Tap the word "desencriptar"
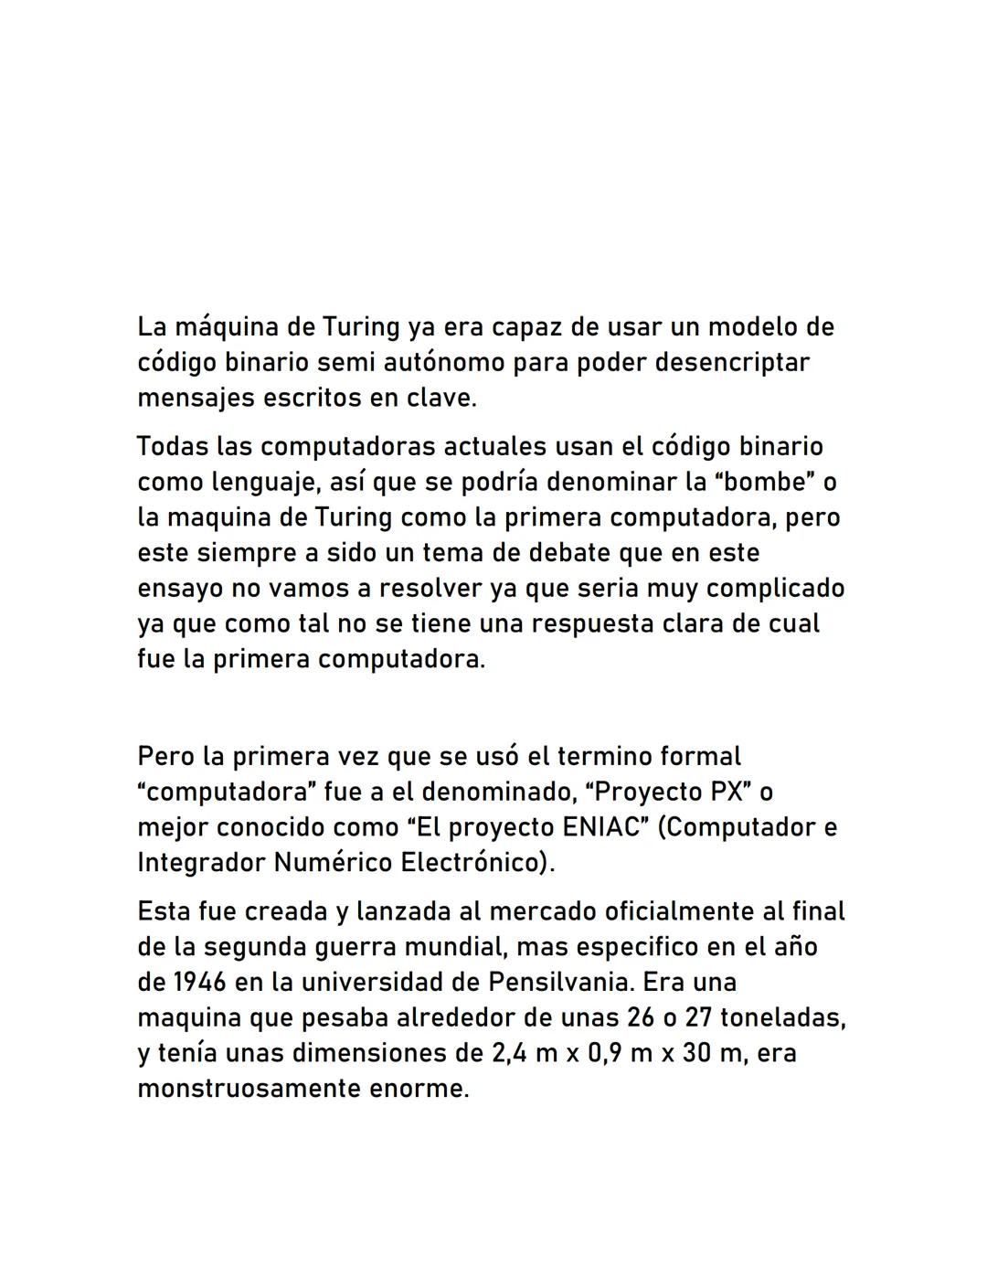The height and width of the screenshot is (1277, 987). coord(721,363)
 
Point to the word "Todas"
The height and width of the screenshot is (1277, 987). coord(172,447)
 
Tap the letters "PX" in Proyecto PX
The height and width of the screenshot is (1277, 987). coord(731,792)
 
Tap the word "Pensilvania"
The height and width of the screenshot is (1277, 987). coord(560,983)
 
